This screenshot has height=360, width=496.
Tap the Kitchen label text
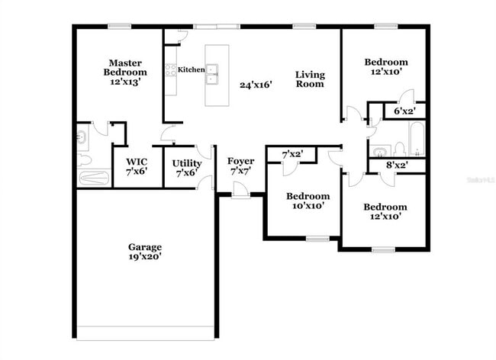tap(192, 69)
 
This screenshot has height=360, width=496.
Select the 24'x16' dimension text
tap(256, 85)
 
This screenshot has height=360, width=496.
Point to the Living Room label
tap(311, 79)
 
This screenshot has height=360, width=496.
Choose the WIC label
tap(137, 162)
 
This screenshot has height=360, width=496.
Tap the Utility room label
tap(186, 163)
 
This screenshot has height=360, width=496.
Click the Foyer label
tap(240, 161)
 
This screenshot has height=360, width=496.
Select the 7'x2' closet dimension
tap(293, 154)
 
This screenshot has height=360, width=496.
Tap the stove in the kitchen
tap(172, 70)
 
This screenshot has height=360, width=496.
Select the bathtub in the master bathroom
tap(95, 178)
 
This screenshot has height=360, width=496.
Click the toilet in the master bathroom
tap(84, 159)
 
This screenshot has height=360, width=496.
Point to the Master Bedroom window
tap(118, 27)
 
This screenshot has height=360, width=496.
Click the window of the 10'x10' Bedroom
tap(317, 239)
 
